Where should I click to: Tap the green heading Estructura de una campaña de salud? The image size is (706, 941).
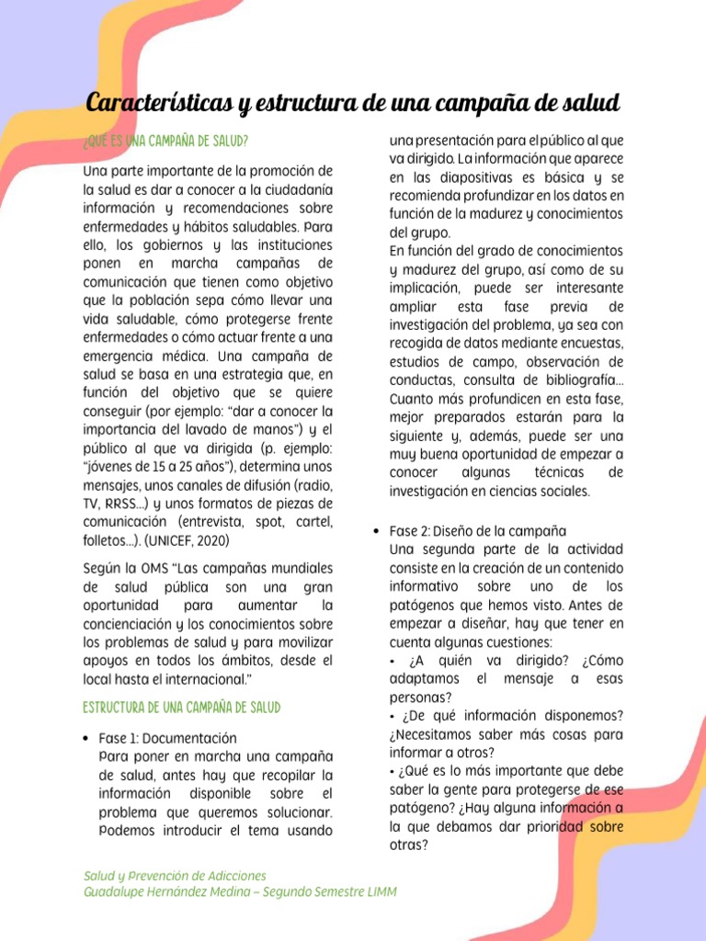pos(181,707)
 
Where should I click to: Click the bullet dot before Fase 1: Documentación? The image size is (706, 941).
pos(85,739)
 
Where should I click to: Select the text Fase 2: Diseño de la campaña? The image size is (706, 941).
pos(477,531)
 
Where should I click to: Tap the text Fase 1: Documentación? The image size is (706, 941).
pos(167,739)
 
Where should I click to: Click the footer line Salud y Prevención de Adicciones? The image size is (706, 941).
pos(175,876)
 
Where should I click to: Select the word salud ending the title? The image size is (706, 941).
pos(593,102)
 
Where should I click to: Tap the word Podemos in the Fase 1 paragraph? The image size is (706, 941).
pos(127,831)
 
